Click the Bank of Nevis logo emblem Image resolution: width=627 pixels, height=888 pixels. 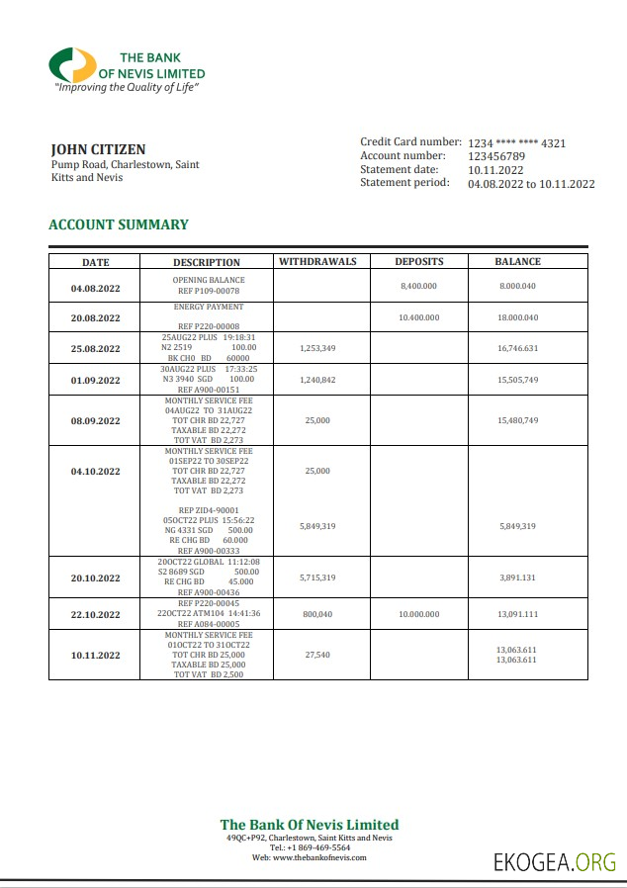pyautogui.click(x=73, y=65)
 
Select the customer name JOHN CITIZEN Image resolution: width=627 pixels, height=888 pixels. pyautogui.click(x=98, y=149)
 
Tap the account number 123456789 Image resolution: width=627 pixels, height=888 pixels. pyautogui.click(x=496, y=156)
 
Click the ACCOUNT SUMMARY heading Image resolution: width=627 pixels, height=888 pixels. pyautogui.click(x=119, y=224)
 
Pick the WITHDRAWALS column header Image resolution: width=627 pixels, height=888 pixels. pyautogui.click(x=317, y=262)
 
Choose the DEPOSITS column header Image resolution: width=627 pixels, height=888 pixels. pyautogui.click(x=419, y=262)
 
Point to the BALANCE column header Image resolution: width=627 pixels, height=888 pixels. pyautogui.click(x=518, y=262)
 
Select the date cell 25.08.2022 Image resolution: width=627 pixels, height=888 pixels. pyautogui.click(x=96, y=348)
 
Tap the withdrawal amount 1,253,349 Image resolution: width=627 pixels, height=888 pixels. pyautogui.click(x=317, y=348)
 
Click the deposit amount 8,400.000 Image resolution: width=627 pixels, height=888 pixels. pyautogui.click(x=419, y=286)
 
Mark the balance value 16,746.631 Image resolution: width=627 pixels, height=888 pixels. pyautogui.click(x=518, y=348)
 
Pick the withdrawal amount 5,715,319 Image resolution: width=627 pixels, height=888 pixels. pyautogui.click(x=317, y=577)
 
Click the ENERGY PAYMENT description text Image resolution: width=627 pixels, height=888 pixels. pyautogui.click(x=208, y=308)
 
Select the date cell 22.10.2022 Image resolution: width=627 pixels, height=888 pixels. pyautogui.click(x=96, y=615)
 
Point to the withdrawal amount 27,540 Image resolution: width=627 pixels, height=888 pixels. pyautogui.click(x=317, y=655)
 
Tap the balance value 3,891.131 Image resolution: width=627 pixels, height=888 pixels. pyautogui.click(x=518, y=577)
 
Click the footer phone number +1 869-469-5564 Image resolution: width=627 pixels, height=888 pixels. pyautogui.click(x=310, y=847)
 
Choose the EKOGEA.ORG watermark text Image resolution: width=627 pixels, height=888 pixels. pyautogui.click(x=555, y=862)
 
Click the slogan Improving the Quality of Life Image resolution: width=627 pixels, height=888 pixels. pyautogui.click(x=127, y=88)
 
